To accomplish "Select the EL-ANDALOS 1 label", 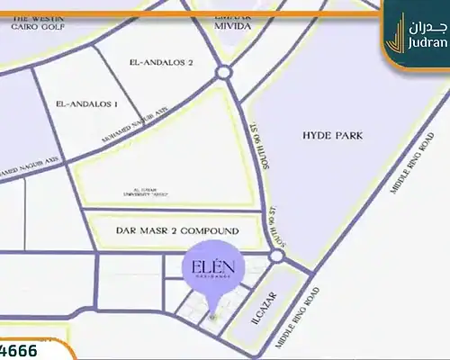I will (86, 104).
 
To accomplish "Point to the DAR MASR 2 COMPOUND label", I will (177, 231).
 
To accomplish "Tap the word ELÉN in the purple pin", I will (208, 267).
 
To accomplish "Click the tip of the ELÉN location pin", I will (211, 317).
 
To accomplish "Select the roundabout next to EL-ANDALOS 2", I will (223, 73).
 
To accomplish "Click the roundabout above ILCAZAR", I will (276, 258).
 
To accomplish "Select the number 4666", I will (20, 349).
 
